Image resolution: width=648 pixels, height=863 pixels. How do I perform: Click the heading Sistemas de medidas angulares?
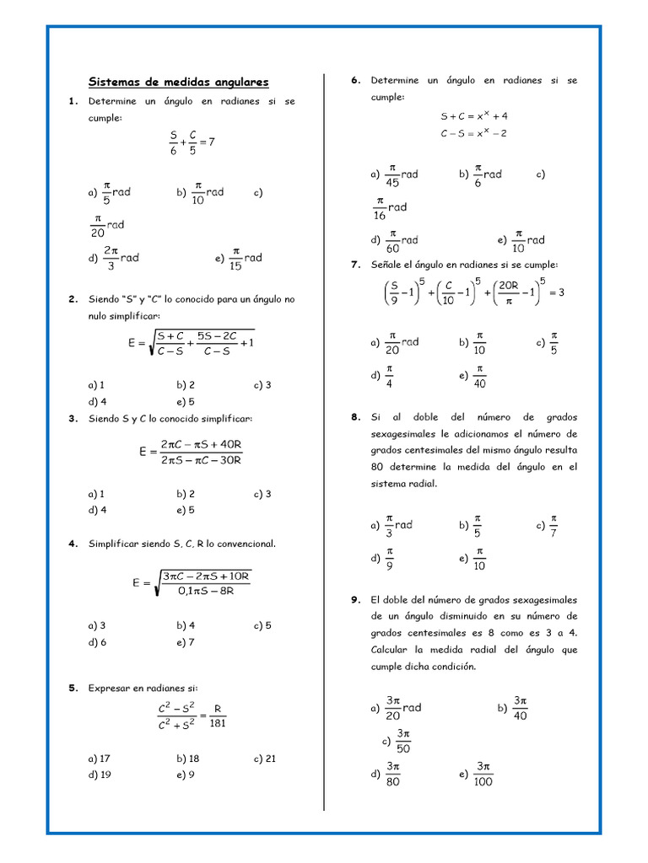(179, 82)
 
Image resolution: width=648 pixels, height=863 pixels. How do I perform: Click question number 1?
(73, 101)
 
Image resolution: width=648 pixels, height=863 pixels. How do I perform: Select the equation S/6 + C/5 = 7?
(192, 142)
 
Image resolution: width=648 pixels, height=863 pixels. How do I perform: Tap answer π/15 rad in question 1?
(246, 258)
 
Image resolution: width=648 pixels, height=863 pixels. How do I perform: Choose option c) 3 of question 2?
(262, 385)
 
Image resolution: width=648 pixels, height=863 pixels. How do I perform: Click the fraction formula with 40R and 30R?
(192, 452)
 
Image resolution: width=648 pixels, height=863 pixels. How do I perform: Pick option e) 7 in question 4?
(186, 642)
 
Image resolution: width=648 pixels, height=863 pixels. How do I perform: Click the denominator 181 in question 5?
(218, 722)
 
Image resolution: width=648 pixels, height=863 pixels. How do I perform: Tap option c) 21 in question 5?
(264, 758)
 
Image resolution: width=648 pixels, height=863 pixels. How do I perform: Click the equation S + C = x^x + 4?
(474, 116)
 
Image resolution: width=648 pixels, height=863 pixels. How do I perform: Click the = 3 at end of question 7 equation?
(556, 292)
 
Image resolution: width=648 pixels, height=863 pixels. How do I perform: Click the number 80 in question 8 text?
(380, 466)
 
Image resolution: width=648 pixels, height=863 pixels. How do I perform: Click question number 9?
(356, 600)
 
